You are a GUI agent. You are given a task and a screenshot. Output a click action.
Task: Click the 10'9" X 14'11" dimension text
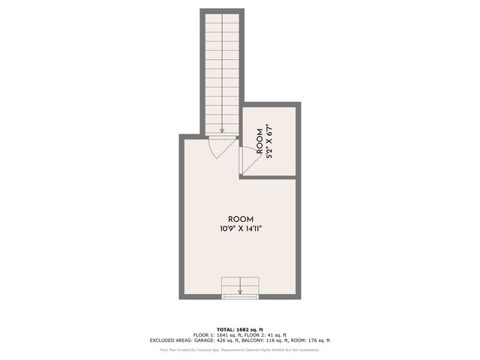click(x=240, y=229)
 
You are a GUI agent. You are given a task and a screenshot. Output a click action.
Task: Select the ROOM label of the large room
click(x=240, y=219)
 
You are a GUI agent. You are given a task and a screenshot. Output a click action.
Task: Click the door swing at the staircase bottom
click(x=217, y=147)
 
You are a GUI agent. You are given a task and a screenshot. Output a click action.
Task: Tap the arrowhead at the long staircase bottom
click(x=221, y=130)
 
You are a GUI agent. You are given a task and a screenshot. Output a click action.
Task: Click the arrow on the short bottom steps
click(x=240, y=291)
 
